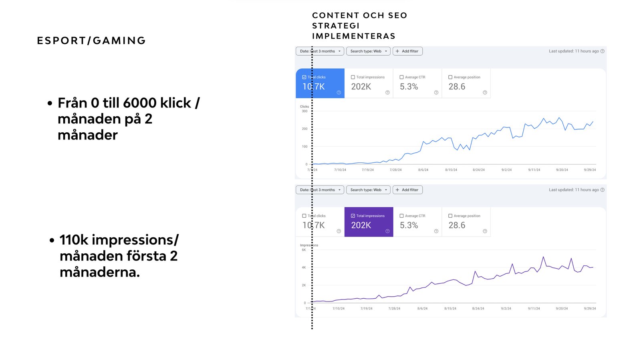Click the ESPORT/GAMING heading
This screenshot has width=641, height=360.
click(x=91, y=40)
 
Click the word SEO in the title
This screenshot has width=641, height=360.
click(x=397, y=15)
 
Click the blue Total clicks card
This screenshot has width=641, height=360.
click(x=320, y=83)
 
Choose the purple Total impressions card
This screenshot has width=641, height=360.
click(x=369, y=222)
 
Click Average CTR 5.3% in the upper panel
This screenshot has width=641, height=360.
click(x=417, y=83)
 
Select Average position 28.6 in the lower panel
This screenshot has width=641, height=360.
click(x=466, y=222)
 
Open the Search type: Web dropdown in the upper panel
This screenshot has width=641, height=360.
click(x=368, y=51)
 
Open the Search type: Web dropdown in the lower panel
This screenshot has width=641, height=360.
click(x=368, y=190)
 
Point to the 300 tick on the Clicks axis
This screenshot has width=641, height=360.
click(x=304, y=111)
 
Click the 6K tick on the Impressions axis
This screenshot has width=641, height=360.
click(x=304, y=250)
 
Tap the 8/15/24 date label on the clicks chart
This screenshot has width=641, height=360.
click(x=451, y=170)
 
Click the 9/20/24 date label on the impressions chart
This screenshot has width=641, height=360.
click(x=562, y=309)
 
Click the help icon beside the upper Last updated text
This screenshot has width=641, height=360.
click(x=603, y=51)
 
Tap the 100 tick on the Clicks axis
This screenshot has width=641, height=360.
click(x=304, y=147)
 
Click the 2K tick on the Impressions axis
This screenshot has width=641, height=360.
click(x=304, y=285)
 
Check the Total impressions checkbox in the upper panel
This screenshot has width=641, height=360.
click(x=353, y=77)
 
